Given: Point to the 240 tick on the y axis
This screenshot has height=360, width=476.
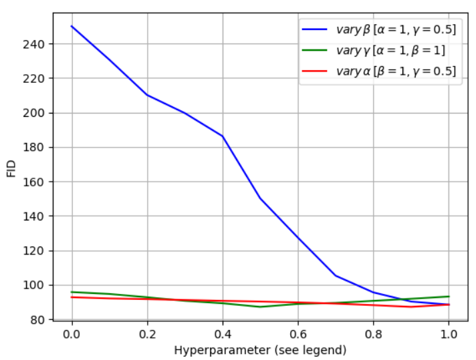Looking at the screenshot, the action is pyautogui.click(x=33, y=44).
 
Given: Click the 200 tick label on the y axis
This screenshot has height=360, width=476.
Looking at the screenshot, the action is pyautogui.click(x=33, y=113).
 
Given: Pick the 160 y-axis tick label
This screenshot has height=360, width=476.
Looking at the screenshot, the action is pyautogui.click(x=33, y=182).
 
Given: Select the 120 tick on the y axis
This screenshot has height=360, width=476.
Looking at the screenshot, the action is pyautogui.click(x=33, y=251).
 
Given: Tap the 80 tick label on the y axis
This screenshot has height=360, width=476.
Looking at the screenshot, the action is pyautogui.click(x=37, y=320).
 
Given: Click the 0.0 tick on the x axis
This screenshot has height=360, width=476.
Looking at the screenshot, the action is pyautogui.click(x=72, y=334).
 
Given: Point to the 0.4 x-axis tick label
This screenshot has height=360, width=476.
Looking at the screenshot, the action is pyautogui.click(x=223, y=334).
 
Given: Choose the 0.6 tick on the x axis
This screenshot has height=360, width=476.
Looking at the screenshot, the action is pyautogui.click(x=298, y=334).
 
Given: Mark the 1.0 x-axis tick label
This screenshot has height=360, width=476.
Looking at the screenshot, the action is pyautogui.click(x=449, y=334).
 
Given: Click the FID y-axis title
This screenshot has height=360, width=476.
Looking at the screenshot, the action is pyautogui.click(x=11, y=168).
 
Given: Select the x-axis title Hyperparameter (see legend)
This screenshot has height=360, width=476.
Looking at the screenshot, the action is pyautogui.click(x=260, y=350).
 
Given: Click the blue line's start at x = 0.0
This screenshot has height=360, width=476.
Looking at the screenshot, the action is pyautogui.click(x=72, y=27).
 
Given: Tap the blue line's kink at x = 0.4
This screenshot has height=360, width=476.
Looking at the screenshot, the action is pyautogui.click(x=223, y=136).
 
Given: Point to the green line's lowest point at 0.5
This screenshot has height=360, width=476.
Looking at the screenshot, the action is pyautogui.click(x=260, y=307).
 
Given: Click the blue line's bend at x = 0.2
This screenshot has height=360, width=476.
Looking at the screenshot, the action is pyautogui.click(x=147, y=95).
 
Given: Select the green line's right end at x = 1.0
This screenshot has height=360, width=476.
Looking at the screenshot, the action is pyautogui.click(x=449, y=297).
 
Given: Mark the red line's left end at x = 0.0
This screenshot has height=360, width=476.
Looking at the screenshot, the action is pyautogui.click(x=72, y=297).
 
